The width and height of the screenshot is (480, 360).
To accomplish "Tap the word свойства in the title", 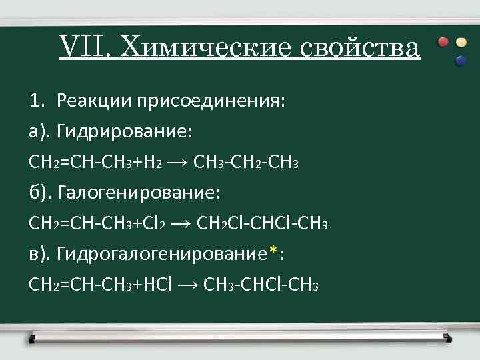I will click(360, 48).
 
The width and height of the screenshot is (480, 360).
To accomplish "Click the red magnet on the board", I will click(443, 42).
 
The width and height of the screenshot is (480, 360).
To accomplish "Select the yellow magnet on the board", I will click(461, 42).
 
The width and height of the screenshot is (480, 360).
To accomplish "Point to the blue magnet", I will click(460, 61).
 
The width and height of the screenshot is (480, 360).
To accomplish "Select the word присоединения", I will click(209, 101).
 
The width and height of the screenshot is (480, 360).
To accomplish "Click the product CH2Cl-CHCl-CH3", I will click(263, 224).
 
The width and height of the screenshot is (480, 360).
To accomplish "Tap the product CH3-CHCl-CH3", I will click(261, 285).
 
